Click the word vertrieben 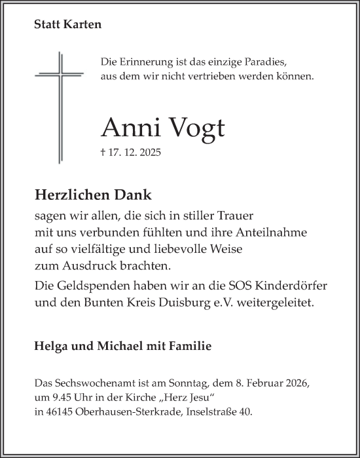coord(221,77)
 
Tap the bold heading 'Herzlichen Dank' coord(92,194)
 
